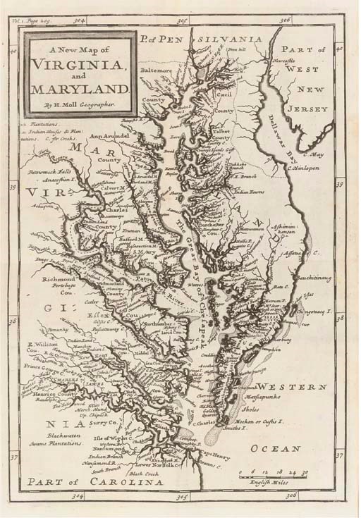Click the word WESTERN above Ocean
[290, 387]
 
